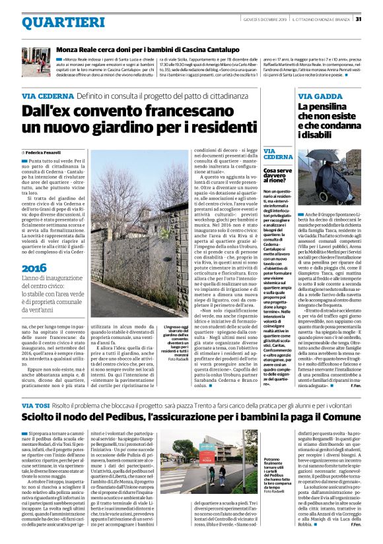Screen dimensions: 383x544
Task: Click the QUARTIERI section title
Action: tap(53, 22)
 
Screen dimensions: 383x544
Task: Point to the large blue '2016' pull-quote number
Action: tap(34, 268)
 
